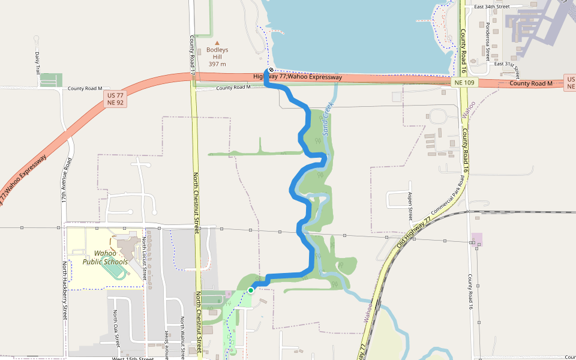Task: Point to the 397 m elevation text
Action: coord(217,64)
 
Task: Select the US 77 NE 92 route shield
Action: coord(116,99)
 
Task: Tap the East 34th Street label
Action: coord(491,7)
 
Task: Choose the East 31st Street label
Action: coord(505,64)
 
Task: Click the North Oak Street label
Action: coord(115,328)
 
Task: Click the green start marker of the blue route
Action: coord(251,290)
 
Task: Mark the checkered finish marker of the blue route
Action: coord(271,70)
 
